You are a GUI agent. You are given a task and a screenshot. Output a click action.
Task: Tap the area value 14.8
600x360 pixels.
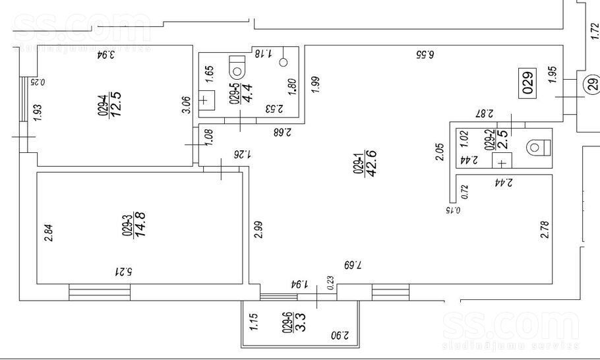(140, 224)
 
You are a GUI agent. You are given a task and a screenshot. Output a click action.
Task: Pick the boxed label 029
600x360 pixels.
(527, 82)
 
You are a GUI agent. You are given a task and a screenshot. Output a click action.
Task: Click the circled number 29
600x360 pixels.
(590, 84)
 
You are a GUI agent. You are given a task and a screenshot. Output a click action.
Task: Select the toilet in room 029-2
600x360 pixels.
(537, 146)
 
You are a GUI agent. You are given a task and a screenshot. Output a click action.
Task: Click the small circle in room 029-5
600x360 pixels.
(284, 63)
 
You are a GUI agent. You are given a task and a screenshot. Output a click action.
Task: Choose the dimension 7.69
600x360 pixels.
(353, 265)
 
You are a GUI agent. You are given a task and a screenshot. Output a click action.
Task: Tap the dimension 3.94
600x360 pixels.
(106, 55)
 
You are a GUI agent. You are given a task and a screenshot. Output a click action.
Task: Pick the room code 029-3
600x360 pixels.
(125, 224)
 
